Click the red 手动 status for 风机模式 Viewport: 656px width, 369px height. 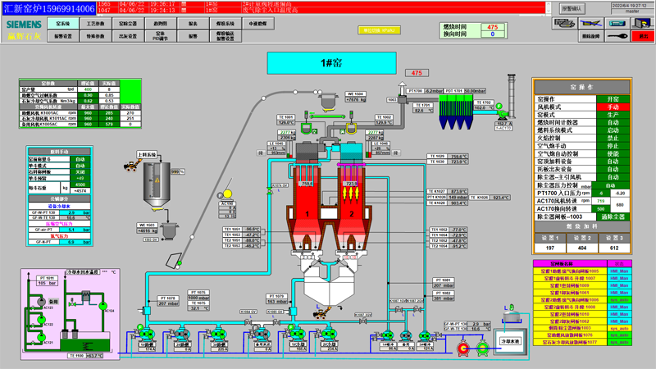613,107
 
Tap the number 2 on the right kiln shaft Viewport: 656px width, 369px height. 352,214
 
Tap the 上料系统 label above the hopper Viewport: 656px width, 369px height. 148,153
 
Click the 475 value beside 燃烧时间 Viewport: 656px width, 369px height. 492,27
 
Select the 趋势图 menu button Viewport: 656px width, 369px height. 161,25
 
